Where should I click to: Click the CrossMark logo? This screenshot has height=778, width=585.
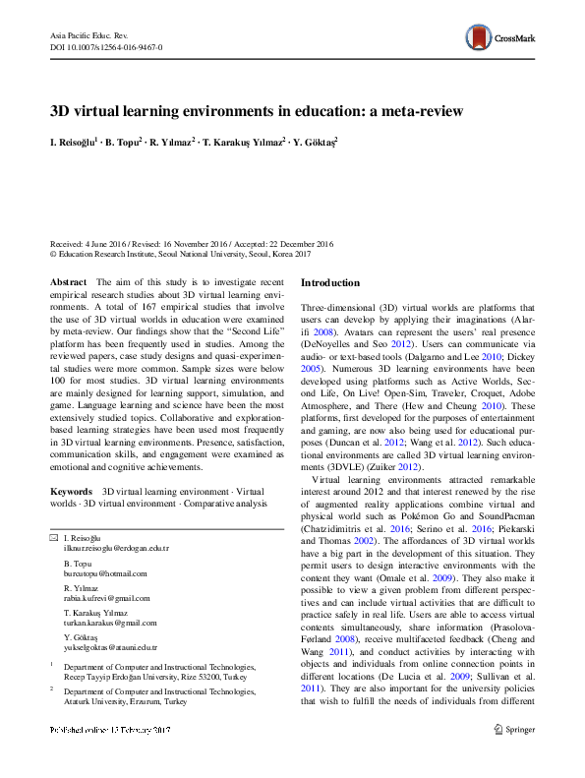point(500,38)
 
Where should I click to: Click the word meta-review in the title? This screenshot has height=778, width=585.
point(425,111)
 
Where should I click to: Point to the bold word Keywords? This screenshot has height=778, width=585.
point(71,489)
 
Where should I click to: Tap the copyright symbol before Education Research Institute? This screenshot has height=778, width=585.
point(53,254)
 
